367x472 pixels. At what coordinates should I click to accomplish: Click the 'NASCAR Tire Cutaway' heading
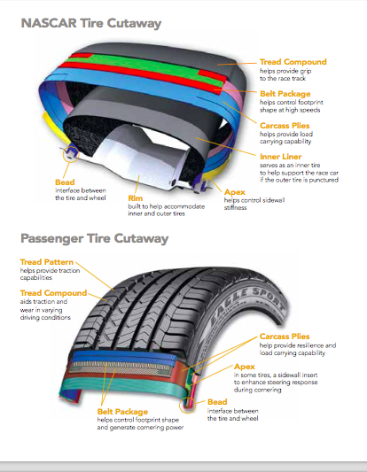click(91, 24)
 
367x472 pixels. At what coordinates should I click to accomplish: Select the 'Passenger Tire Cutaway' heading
click(94, 239)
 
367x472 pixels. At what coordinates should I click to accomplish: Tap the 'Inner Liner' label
click(280, 157)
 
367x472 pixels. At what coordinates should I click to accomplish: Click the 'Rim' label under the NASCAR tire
click(136, 198)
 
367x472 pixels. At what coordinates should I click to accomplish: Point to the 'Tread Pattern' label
click(47, 262)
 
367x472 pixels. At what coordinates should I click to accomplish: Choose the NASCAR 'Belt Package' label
click(285, 94)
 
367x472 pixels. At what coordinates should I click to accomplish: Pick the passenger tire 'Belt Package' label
click(122, 412)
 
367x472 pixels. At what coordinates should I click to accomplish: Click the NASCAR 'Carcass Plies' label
click(285, 126)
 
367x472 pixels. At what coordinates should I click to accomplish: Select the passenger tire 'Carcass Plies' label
click(285, 337)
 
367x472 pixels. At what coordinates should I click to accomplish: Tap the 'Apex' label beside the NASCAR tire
click(235, 192)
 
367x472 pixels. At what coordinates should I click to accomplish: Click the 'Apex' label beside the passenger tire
click(245, 367)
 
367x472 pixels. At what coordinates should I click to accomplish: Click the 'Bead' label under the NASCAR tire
click(65, 182)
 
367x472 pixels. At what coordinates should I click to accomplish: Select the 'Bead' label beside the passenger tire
click(217, 402)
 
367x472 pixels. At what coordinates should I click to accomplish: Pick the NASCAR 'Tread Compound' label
click(293, 62)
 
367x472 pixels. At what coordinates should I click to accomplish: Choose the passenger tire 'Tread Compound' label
click(54, 293)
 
